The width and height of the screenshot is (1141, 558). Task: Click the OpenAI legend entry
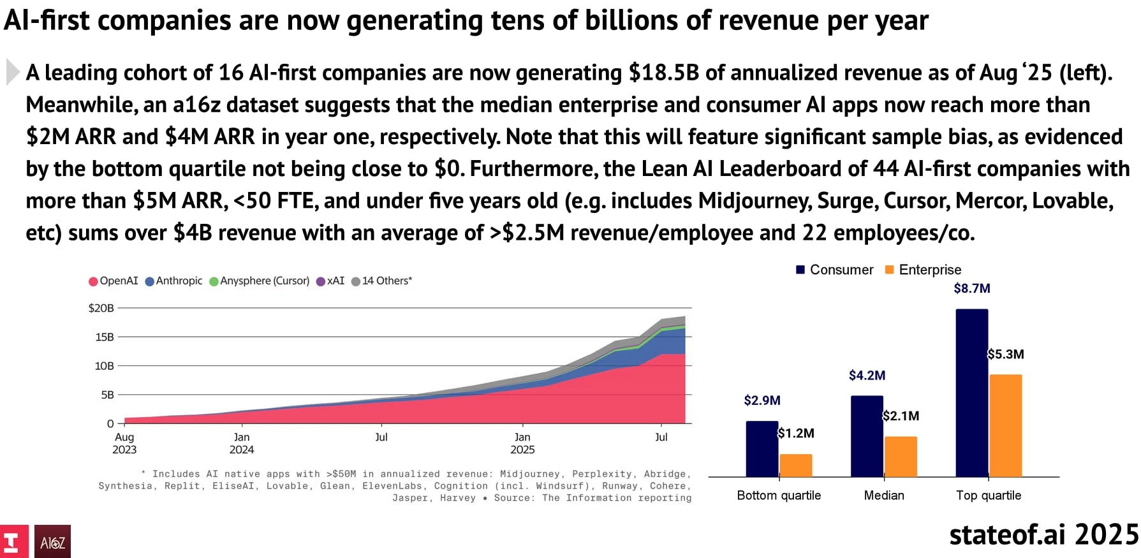tap(114, 281)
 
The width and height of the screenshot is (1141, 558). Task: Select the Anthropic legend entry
tap(174, 281)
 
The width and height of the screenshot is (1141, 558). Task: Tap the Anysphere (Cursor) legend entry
tap(260, 281)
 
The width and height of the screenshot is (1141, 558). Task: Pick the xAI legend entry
tap(330, 281)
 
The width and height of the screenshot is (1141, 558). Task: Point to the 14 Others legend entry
tap(382, 281)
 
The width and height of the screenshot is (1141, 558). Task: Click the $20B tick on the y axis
tap(101, 308)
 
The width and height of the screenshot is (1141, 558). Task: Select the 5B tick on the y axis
tap(107, 395)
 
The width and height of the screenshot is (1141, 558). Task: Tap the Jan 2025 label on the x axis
tap(522, 443)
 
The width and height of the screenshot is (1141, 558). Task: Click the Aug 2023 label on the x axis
tap(124, 443)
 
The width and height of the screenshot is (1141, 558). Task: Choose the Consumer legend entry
tap(835, 270)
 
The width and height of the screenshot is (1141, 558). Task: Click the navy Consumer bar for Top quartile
tap(971, 392)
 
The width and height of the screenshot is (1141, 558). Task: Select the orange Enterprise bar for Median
tap(901, 457)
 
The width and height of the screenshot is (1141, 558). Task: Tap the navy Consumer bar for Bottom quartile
tap(762, 449)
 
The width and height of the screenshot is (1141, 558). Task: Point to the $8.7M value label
tap(972, 288)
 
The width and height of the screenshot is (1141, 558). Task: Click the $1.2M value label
tap(796, 433)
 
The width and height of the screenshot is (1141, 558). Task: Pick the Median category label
tap(884, 496)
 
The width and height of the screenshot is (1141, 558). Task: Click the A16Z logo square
tap(52, 541)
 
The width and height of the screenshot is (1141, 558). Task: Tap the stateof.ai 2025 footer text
tap(1043, 534)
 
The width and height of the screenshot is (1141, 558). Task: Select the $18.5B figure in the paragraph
tap(663, 73)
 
